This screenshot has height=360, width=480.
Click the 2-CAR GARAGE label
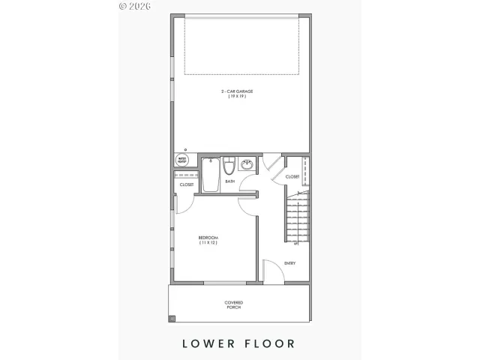[x=237, y=91]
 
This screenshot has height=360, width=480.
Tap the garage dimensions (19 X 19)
[x=237, y=97]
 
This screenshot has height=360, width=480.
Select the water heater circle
[x=182, y=160]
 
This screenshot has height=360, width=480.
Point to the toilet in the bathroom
[x=229, y=165]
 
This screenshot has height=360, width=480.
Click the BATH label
[x=229, y=181]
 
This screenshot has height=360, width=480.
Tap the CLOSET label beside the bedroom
[x=186, y=184]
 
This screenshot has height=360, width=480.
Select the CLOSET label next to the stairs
[x=292, y=177]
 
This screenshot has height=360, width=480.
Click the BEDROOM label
[x=208, y=238]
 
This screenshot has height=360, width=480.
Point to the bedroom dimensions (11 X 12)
[x=208, y=244]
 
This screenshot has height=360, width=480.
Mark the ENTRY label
[x=290, y=263]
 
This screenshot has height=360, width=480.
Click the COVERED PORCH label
[x=234, y=305]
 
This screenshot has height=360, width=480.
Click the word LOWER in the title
[x=207, y=343]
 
